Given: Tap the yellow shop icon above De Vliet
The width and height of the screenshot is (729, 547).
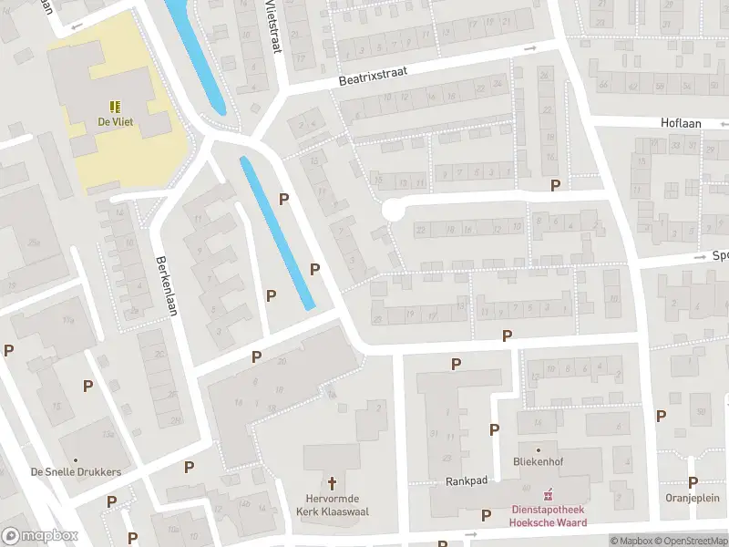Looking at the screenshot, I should [115, 106].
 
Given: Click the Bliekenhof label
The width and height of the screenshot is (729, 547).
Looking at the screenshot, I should [538, 462].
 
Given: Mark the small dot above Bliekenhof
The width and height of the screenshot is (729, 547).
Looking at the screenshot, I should [539, 449].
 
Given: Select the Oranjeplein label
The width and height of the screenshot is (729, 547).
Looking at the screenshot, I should [693, 498].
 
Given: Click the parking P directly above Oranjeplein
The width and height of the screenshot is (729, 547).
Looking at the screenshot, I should [693, 482].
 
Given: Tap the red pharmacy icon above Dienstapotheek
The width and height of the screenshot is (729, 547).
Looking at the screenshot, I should [548, 495].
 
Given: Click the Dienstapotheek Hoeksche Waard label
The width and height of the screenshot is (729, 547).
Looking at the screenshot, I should [547, 517].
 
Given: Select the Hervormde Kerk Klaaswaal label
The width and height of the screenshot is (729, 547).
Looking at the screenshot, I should [333, 504].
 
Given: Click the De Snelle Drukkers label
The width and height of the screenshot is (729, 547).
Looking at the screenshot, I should [76, 472].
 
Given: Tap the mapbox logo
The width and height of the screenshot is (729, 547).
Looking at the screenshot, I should [40, 535].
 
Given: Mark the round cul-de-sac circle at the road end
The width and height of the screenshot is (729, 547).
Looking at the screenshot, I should [392, 210].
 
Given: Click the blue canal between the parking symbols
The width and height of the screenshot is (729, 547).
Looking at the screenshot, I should [278, 233].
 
